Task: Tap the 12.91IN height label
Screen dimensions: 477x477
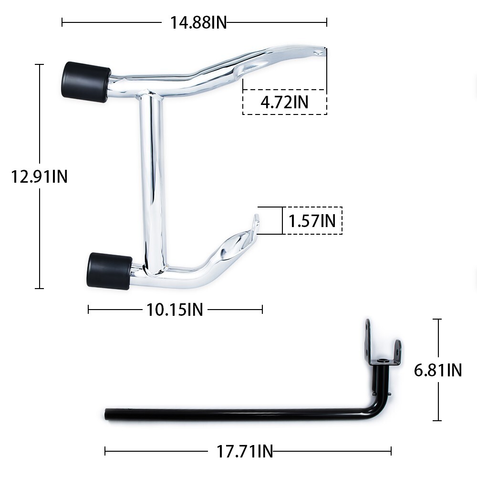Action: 40,177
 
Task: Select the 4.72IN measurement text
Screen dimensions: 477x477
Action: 284,102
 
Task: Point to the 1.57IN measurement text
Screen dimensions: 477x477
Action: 312,220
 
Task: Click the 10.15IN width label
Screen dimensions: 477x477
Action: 175,310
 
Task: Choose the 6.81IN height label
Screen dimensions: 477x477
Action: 438,370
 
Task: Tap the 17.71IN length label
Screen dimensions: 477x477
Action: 245,451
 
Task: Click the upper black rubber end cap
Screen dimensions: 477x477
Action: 85,82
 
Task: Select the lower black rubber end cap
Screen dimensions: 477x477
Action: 109,270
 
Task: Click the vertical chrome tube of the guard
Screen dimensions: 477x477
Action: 153,181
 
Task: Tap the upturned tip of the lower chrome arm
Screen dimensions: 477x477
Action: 256,222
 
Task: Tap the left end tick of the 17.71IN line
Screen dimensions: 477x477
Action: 105,451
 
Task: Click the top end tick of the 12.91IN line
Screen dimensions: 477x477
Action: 40,64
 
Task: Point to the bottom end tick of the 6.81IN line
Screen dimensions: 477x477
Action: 436,421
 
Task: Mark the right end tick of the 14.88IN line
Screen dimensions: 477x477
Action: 327,22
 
